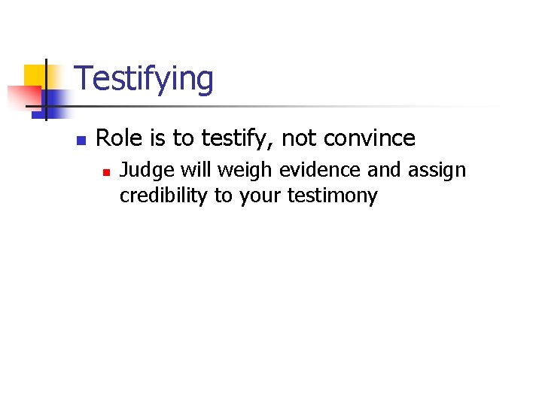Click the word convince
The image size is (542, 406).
pyautogui.click(x=369, y=139)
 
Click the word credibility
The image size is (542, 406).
pyautogui.click(x=163, y=196)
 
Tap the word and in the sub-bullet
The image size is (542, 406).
pyautogui.click(x=384, y=171)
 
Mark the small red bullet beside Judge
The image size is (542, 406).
pyautogui.click(x=107, y=172)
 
